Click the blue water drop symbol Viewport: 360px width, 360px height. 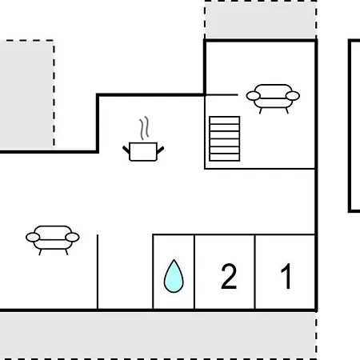click(174, 278)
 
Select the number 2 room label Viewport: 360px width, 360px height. click(229, 276)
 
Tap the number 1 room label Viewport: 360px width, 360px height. click(286, 276)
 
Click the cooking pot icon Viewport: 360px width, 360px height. click(143, 151)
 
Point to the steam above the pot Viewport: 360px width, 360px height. click(144, 128)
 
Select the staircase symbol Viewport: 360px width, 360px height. click(225, 138)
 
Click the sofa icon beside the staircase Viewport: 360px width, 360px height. click(273, 98)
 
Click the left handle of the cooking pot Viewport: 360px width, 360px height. click(126, 150)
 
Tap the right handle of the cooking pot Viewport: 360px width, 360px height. click(161, 150)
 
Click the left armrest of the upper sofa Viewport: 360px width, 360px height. click(253, 96)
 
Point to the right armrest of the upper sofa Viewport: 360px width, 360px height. click(293, 96)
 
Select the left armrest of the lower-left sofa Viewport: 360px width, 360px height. click(33, 237)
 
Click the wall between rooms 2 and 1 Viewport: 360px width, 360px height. click(255, 272)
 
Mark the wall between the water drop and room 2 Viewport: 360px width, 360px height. click(194, 272)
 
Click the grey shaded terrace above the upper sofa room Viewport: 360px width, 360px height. click(261, 20)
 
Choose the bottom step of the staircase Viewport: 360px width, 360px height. click(225, 157)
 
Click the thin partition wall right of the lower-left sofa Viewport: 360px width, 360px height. click(98, 272)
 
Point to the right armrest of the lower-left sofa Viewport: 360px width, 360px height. click(72, 237)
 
